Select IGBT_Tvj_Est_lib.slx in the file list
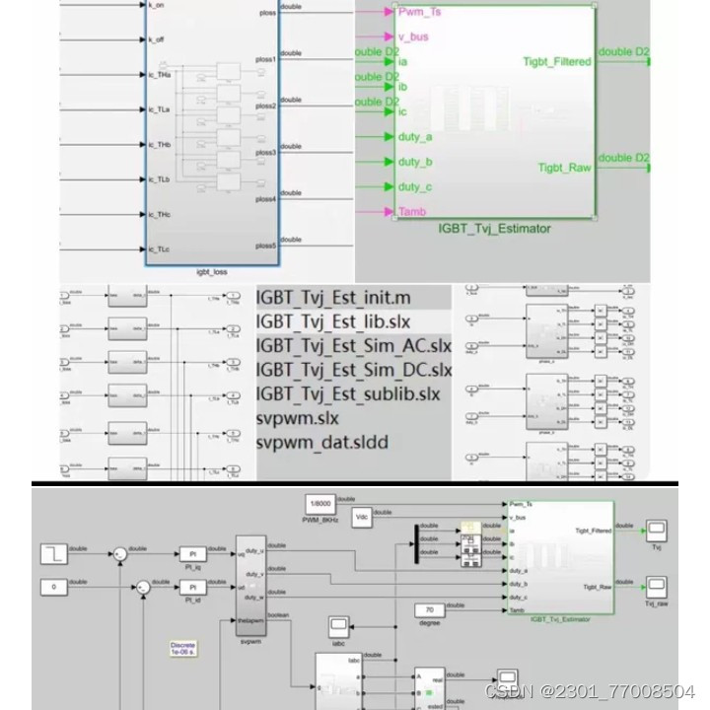click(x=333, y=322)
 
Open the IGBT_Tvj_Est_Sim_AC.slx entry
click(x=354, y=346)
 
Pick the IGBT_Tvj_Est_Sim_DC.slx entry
click(x=354, y=370)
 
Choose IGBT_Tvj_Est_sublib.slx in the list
click(x=348, y=394)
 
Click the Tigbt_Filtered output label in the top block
click(x=557, y=62)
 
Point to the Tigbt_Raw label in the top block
click(x=564, y=168)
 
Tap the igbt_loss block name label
click(x=213, y=271)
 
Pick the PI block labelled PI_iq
click(x=192, y=555)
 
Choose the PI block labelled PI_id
click(x=192, y=588)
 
